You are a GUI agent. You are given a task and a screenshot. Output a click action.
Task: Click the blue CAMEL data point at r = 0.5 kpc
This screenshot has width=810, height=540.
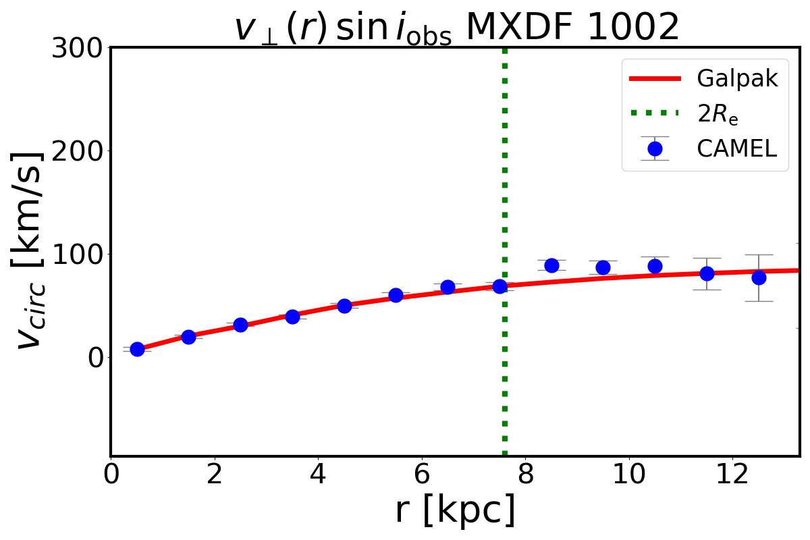(137, 349)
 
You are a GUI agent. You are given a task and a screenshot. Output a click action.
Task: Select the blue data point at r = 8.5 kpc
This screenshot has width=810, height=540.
(551, 265)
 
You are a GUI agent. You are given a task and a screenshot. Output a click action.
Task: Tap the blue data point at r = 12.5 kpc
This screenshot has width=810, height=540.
(759, 277)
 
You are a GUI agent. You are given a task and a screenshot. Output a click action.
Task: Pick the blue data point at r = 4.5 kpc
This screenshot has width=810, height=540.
(344, 306)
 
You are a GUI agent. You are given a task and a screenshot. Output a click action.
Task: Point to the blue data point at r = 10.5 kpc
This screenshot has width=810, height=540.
(655, 266)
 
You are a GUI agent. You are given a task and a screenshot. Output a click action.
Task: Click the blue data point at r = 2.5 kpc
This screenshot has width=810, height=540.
(240, 325)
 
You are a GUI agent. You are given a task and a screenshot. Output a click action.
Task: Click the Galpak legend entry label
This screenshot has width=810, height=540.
(737, 79)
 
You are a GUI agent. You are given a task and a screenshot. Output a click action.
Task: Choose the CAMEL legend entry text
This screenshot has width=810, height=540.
(737, 148)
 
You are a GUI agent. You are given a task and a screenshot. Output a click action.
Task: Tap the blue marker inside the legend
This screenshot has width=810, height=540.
(655, 148)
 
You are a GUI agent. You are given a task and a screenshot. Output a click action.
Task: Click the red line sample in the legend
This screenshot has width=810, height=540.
(655, 79)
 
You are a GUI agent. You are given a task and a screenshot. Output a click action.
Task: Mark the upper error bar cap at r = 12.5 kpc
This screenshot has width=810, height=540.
(759, 254)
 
